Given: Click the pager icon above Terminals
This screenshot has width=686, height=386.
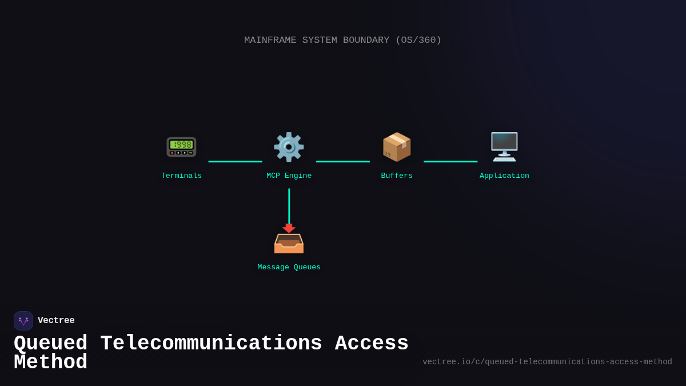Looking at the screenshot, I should click(x=181, y=147).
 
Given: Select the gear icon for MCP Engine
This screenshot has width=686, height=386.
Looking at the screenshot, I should click(x=289, y=147).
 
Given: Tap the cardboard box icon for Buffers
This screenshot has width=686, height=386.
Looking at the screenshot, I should click(x=397, y=147).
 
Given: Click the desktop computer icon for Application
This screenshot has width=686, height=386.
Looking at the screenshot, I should click(x=504, y=147).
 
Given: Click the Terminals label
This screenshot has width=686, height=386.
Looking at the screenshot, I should click(x=181, y=176).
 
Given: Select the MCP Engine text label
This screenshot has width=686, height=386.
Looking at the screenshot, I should click(x=289, y=176).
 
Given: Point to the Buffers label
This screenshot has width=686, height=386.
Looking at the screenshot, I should click(x=397, y=176).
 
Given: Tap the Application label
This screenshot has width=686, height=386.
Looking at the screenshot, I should click(x=504, y=176).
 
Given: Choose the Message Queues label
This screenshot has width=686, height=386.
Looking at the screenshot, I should click(x=289, y=268).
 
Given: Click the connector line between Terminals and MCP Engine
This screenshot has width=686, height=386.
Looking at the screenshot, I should click(x=235, y=161).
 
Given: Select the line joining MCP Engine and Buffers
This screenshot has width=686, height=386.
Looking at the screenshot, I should click(x=343, y=161).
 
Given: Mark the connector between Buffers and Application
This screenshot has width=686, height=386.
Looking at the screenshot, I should click(x=450, y=161).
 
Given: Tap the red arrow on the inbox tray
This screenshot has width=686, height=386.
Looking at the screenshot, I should click(x=289, y=228).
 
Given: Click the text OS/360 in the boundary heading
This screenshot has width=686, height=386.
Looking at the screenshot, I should click(x=418, y=41).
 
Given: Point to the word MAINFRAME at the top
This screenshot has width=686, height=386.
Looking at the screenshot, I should click(x=270, y=41).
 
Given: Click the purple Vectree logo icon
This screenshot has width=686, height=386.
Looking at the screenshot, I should click(x=23, y=321).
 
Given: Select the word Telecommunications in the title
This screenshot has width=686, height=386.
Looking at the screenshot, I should click(x=211, y=344).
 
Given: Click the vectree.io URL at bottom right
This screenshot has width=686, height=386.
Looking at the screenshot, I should click(x=547, y=362).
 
